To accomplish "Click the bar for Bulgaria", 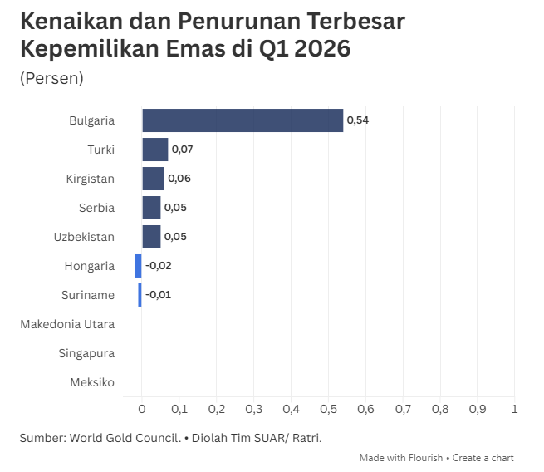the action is click(243, 120).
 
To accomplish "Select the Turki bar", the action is click(155, 150).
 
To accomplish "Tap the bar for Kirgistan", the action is click(154, 179).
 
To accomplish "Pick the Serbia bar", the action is click(151, 208).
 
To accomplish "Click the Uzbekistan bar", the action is click(151, 237).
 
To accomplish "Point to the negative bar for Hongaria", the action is click(138, 266).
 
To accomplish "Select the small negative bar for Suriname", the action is click(140, 295).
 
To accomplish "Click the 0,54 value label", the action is click(358, 120).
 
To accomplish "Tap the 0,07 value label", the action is click(183, 150).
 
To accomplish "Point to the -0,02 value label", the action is click(158, 266).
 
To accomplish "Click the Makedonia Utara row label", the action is click(67, 324).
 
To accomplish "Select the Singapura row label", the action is click(86, 353).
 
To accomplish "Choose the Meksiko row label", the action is click(92, 382).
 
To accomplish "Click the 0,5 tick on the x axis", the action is click(328, 409).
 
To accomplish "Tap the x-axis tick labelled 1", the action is click(514, 409).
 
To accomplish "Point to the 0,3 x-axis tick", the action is click(253, 409).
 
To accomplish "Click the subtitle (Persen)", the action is click(51, 78).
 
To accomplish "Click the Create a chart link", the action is click(483, 458).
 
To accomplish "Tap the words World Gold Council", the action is click(125, 438).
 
